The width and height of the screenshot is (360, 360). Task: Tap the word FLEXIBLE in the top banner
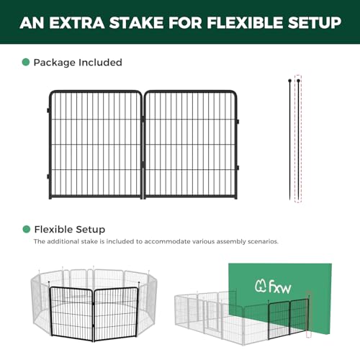(245, 23)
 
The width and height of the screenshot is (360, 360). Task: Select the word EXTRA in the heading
(77, 23)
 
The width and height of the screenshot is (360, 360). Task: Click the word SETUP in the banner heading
(315, 23)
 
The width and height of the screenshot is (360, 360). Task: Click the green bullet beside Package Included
(26, 62)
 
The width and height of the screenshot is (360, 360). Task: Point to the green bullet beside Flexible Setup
(26, 229)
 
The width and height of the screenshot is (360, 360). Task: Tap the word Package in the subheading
(55, 63)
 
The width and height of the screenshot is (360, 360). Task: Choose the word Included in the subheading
(100, 63)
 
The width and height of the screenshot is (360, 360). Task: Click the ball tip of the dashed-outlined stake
(298, 81)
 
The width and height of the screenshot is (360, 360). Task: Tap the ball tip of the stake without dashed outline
(290, 81)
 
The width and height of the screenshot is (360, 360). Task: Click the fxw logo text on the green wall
(280, 287)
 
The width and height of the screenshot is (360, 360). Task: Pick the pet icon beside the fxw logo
(261, 286)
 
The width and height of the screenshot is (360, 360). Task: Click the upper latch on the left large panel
(48, 111)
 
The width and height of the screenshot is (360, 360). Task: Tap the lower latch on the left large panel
(48, 176)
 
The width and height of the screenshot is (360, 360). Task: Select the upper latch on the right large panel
(238, 122)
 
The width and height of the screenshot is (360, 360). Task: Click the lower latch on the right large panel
(238, 168)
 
